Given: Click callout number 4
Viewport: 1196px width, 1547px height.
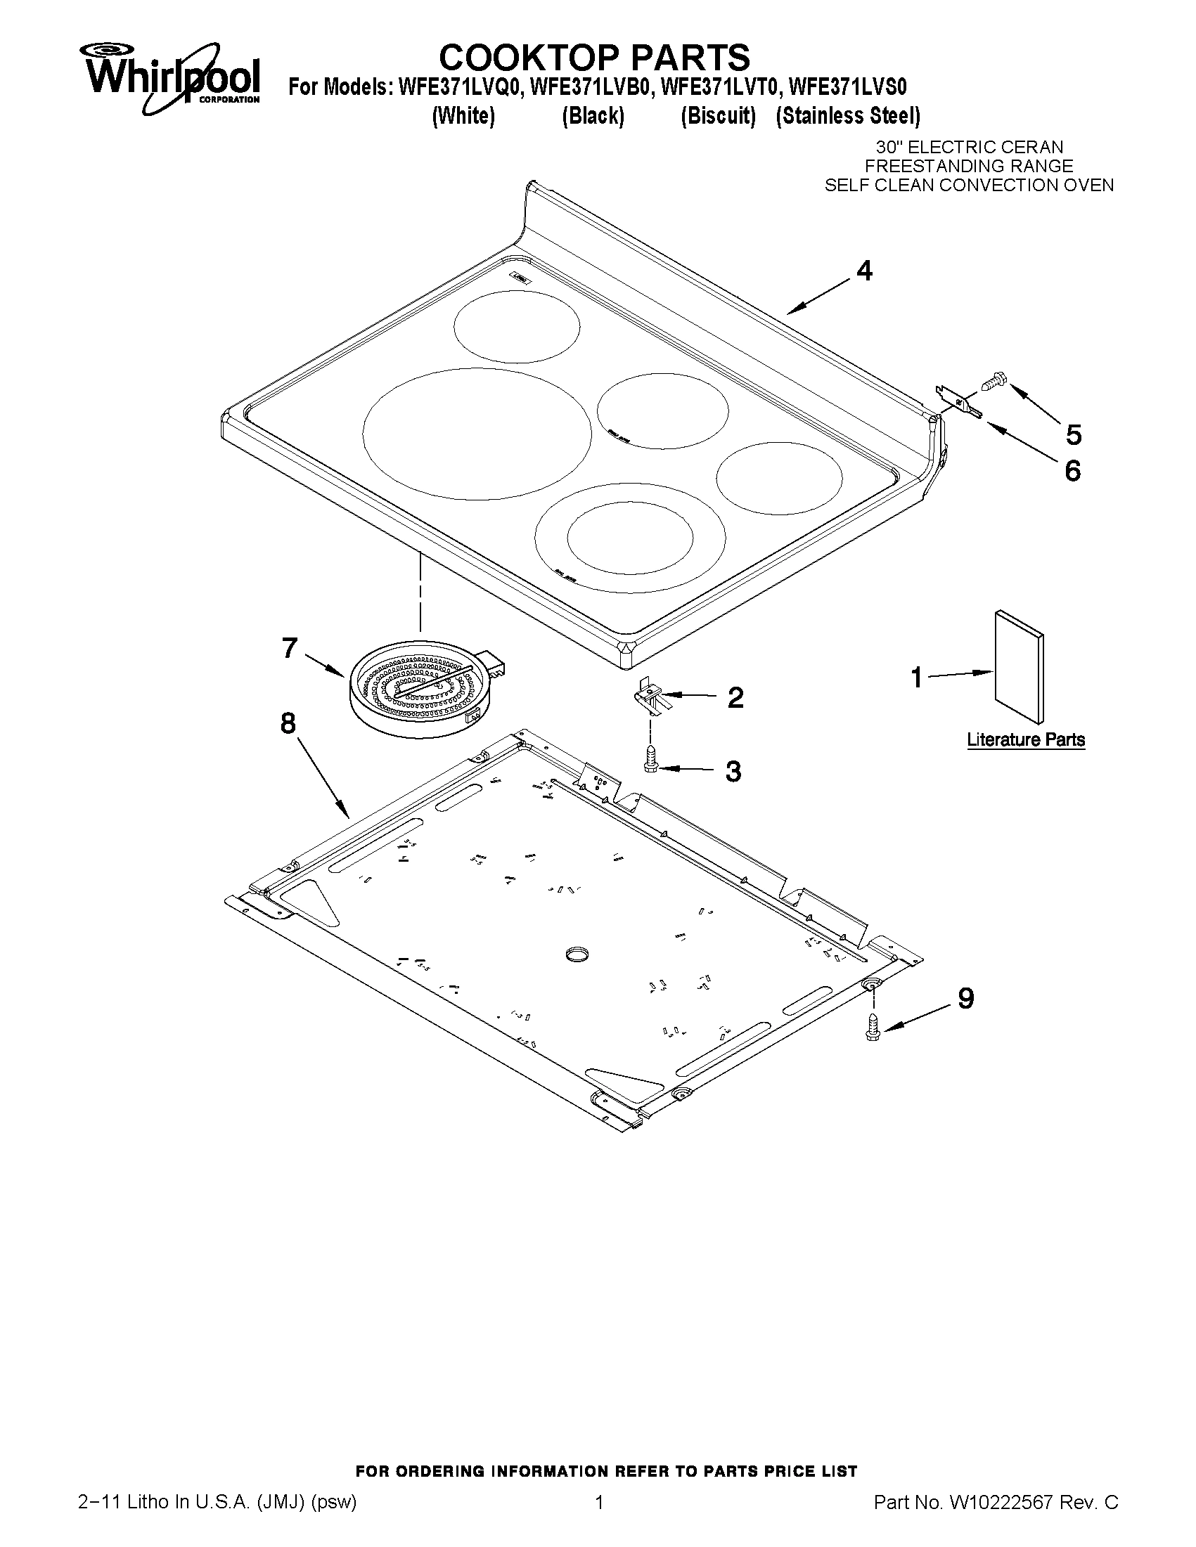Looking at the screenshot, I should click(x=863, y=271).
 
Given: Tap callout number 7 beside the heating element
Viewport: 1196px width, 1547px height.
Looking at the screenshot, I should click(x=289, y=647).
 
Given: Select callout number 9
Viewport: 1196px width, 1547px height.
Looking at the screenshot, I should click(x=965, y=998).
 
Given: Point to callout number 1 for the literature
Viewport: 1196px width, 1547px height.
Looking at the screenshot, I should click(x=916, y=678).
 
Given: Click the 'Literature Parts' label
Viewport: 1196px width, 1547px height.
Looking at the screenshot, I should click(x=1025, y=739).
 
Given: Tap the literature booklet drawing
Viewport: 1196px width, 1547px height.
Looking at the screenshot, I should click(x=1019, y=666).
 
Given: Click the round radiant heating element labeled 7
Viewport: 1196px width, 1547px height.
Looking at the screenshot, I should click(x=420, y=694).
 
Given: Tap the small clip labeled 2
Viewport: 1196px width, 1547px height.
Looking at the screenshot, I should click(x=651, y=699).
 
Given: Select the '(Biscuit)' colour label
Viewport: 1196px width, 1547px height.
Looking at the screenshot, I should click(x=718, y=115).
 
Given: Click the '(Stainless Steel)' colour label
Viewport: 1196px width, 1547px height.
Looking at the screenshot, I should click(x=847, y=115).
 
